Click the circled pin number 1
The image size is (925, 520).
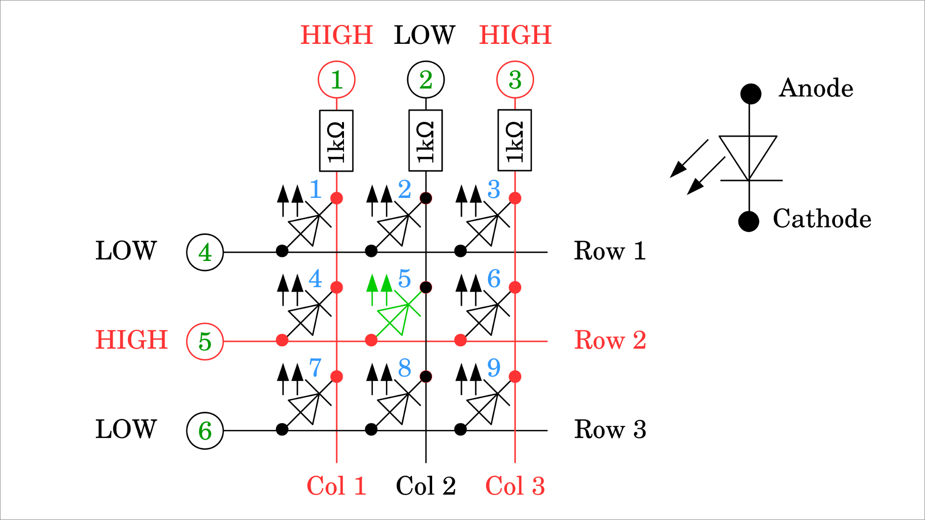click(x=337, y=79)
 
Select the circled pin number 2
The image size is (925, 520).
click(x=426, y=79)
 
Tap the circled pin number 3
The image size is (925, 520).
click(x=515, y=79)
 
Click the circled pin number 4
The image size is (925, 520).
click(x=205, y=252)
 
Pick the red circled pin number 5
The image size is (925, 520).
click(x=205, y=341)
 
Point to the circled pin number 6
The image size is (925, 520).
click(x=205, y=430)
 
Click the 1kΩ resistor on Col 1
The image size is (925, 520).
click(x=336, y=141)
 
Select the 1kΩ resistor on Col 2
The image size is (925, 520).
click(x=425, y=141)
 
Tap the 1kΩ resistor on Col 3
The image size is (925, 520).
click(x=515, y=141)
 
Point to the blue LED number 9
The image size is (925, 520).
click(x=494, y=368)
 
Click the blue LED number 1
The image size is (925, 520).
click(x=316, y=189)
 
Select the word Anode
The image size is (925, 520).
click(x=816, y=88)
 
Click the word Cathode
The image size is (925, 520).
click(x=822, y=219)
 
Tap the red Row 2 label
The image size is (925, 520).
click(x=610, y=340)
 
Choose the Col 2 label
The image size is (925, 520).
click(x=426, y=486)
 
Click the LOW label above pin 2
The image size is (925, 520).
click(x=424, y=35)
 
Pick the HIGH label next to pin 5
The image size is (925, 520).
click(x=132, y=340)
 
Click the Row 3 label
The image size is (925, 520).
click(x=610, y=429)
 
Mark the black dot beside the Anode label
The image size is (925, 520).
click(x=751, y=93)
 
